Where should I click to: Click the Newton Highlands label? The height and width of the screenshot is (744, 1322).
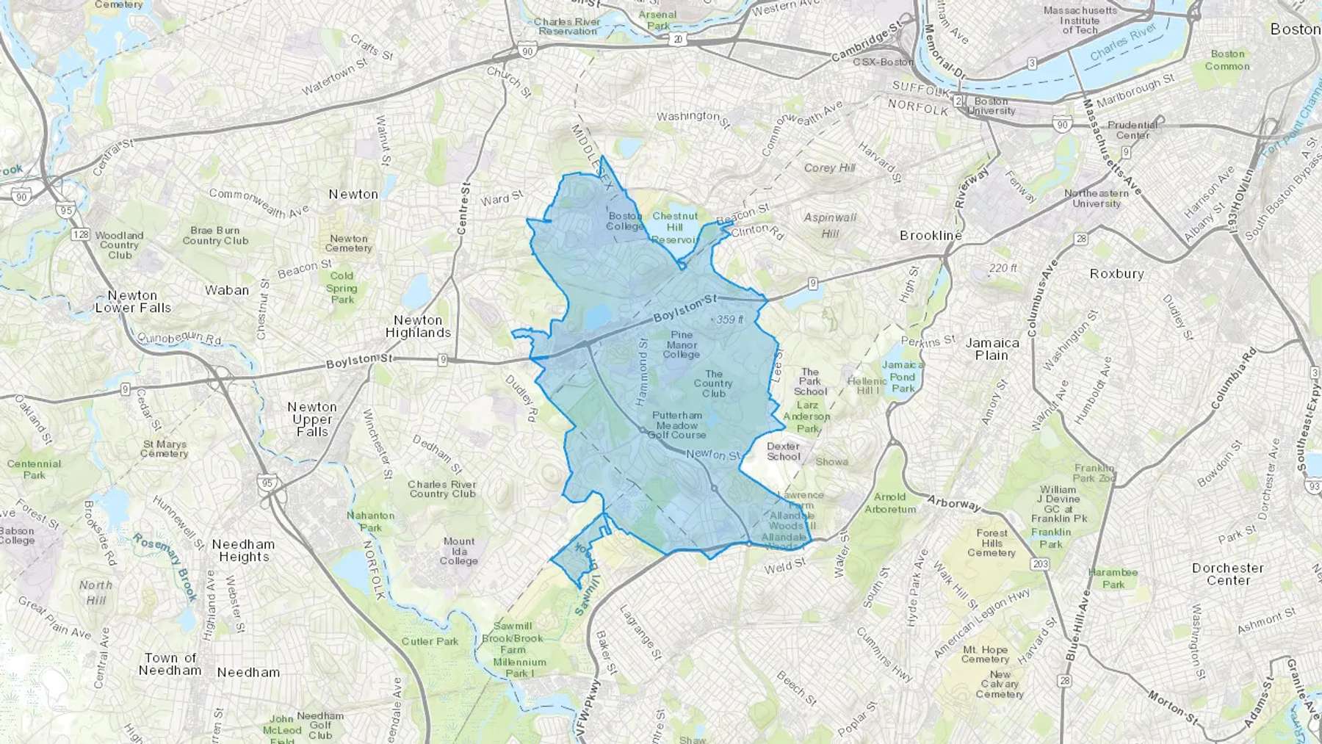[418, 326]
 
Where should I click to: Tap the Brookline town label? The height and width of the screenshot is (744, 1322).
[931, 236]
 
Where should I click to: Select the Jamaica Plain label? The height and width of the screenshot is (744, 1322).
[991, 349]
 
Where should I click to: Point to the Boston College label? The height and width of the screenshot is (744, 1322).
[625, 221]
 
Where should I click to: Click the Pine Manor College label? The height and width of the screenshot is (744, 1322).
[682, 344]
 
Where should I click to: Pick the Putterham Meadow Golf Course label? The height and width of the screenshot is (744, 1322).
[676, 425]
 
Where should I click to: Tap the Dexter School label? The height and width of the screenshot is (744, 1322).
[784, 451]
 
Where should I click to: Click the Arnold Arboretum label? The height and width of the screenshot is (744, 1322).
[890, 503]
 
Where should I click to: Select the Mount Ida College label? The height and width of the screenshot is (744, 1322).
[459, 551]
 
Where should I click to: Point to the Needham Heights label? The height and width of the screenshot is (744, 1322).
[243, 550]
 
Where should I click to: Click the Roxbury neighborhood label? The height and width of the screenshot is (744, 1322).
[1116, 273]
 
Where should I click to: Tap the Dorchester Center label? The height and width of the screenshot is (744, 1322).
[1228, 574]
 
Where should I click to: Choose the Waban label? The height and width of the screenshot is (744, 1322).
[227, 290]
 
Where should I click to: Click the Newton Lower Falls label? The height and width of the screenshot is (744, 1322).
[133, 301]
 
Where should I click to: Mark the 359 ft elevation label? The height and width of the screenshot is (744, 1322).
[728, 319]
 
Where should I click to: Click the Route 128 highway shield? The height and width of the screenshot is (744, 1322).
[80, 235]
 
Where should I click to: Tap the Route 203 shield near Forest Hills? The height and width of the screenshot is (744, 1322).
[1040, 564]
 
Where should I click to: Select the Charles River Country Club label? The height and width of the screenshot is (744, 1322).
[442, 489]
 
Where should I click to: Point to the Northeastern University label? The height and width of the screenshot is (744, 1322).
[1097, 198]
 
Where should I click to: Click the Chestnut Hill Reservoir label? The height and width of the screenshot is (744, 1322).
[675, 228]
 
